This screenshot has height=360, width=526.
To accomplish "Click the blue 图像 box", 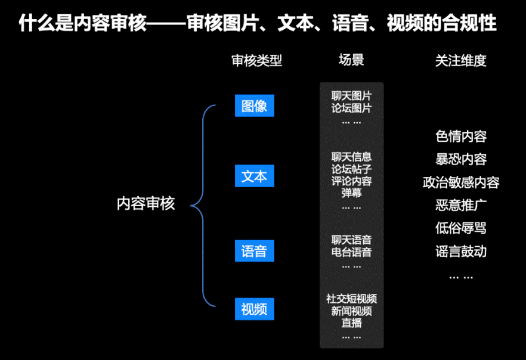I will coord(254,106).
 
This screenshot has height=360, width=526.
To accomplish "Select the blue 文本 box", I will coord(254,177).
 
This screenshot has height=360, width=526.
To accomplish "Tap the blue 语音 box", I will coord(254,251).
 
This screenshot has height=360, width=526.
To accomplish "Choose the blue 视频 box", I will coord(254,309).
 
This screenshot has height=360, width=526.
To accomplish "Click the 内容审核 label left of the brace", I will coord(146,203).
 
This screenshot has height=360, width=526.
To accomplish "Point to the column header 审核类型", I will coord(256,61).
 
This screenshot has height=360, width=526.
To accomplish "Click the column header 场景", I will coord(351,60).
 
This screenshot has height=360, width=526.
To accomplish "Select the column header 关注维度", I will coord(460,61).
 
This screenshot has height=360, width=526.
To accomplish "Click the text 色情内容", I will coord(461,136).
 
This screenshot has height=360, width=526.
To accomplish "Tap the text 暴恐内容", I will coord(461,159).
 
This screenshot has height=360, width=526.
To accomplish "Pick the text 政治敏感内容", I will coord(461,182).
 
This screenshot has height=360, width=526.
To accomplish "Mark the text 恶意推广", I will coord(461,206).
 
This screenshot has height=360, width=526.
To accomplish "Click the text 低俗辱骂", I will coord(461,228).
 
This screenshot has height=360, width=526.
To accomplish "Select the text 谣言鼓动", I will coord(461,252).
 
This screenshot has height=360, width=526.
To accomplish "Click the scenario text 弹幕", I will coord(351,193).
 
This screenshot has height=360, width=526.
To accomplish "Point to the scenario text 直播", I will coord(351,323).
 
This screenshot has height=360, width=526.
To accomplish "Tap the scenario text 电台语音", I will coord(351,252).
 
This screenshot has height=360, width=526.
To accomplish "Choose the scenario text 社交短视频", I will coord(351,299).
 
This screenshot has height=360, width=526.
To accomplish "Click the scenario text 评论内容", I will coord(351,181).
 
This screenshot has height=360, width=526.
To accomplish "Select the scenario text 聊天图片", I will coord(351,95).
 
